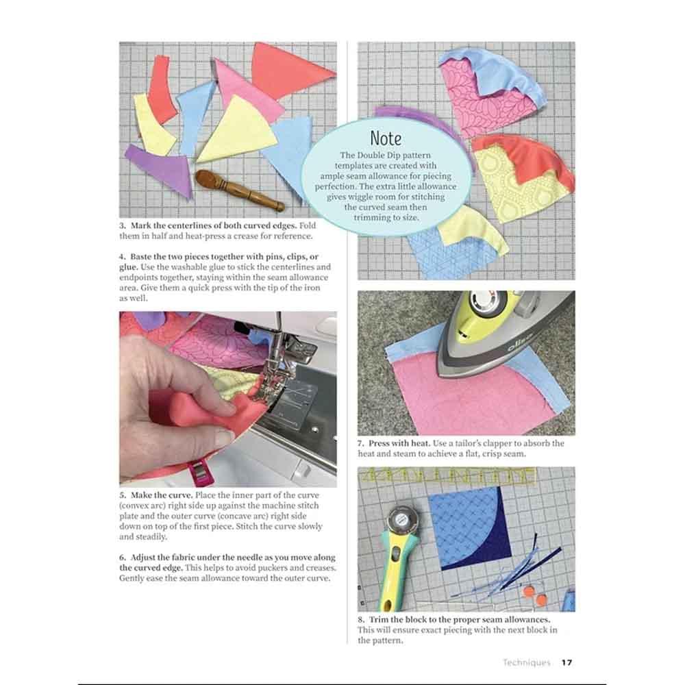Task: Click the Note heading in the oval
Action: [386, 138]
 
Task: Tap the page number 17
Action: [566, 662]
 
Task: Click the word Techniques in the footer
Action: [526, 662]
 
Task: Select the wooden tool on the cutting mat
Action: [239, 189]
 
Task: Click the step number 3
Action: [123, 226]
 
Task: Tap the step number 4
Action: [123, 257]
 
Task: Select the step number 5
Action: [123, 495]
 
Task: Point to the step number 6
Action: [123, 558]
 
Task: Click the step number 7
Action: [361, 443]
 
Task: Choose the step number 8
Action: [361, 619]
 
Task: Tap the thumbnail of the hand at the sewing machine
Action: [228, 399]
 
